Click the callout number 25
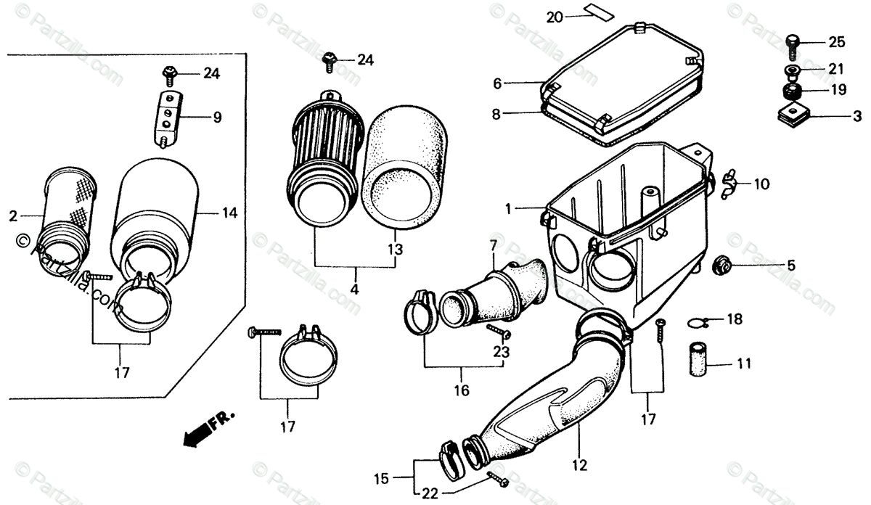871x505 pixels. point(836,42)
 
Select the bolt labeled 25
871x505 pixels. point(793,44)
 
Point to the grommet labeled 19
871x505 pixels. point(792,93)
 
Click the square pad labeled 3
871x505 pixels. point(791,116)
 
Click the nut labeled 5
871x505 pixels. point(722,265)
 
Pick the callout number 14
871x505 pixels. point(229,213)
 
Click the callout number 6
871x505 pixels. point(497,83)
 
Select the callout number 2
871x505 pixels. point(13,215)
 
